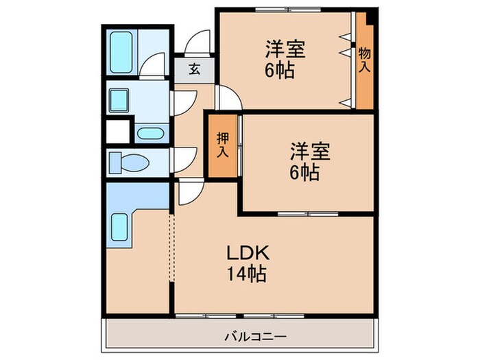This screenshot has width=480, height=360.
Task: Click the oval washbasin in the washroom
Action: [149, 133]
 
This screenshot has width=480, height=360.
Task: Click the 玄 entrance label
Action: [194, 69]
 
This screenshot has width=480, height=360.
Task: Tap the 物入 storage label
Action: [365, 60]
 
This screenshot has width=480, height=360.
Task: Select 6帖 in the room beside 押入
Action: [304, 172]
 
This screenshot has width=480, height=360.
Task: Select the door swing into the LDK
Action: [188, 194]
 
